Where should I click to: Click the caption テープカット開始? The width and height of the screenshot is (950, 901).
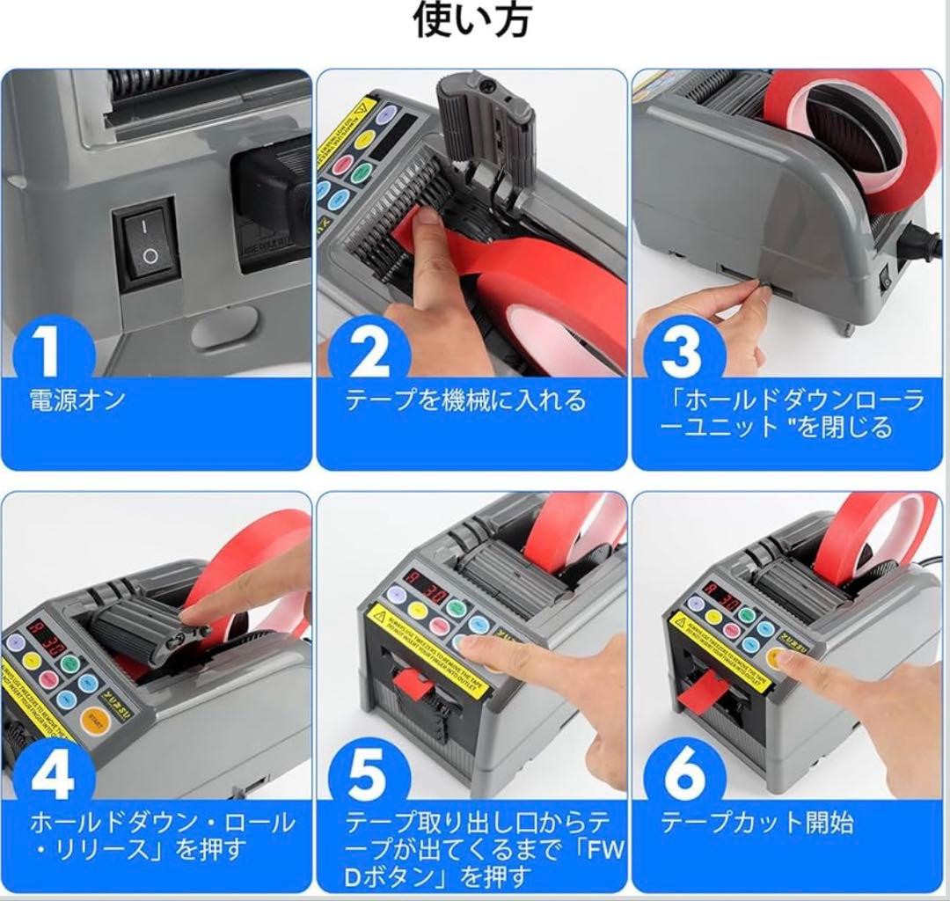[x=756, y=823]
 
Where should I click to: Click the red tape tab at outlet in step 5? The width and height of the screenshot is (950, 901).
[x=412, y=682]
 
